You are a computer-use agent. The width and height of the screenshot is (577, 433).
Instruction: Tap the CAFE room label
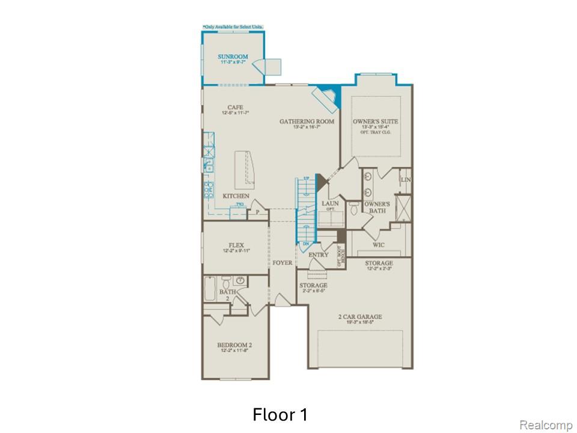tap(235, 108)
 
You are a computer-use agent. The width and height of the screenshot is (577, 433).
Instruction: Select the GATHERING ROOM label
tap(307, 122)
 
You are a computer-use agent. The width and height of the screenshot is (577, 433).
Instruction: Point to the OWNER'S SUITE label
tap(376, 122)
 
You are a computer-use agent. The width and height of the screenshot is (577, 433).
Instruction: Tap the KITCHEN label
tap(236, 197)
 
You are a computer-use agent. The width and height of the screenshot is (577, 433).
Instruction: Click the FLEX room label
tap(235, 245)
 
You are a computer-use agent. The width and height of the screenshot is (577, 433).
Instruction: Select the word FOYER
tap(282, 263)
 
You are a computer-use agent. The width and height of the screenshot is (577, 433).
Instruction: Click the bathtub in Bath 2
tap(210, 288)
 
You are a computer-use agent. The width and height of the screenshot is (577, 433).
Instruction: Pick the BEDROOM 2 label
tap(234, 345)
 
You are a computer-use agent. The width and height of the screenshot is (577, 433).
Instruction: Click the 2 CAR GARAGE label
tap(361, 317)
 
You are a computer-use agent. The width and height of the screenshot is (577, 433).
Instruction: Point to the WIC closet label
tap(379, 245)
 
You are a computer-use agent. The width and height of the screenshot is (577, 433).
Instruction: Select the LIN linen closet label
tap(405, 180)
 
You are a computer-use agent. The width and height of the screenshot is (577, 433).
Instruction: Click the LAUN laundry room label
tap(330, 204)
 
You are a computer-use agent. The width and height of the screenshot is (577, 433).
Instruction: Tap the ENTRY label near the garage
tap(318, 255)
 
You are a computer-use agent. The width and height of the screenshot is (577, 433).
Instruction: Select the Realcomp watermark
tap(546, 425)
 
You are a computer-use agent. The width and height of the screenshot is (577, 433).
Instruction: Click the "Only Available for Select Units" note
tap(233, 27)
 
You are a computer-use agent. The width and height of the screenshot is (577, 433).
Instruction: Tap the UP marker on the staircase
tap(306, 179)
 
